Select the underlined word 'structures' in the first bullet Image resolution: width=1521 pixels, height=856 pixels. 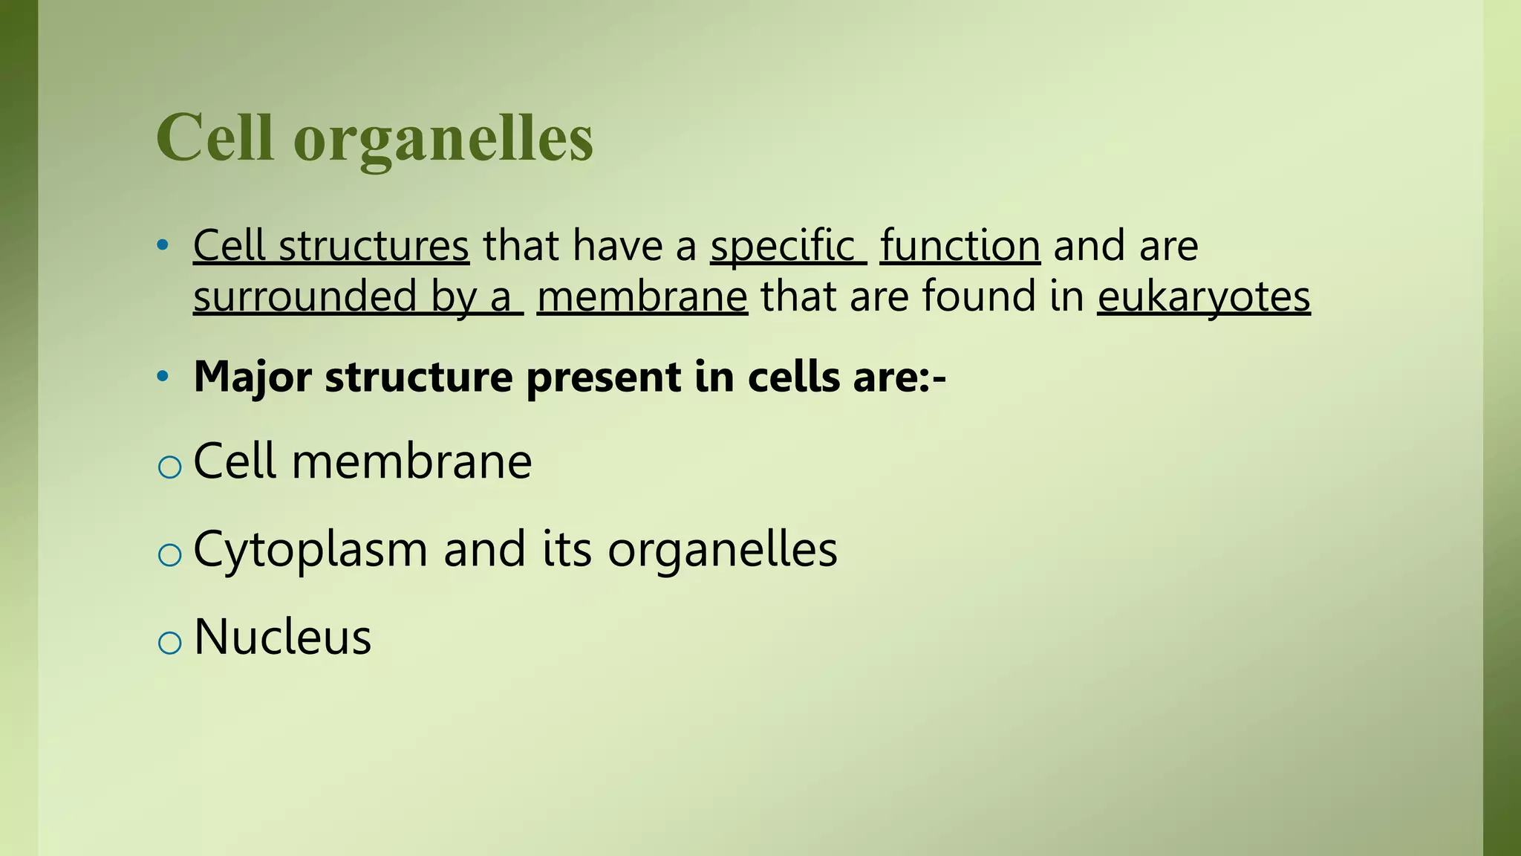374,245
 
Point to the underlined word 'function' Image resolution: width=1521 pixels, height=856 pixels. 960,245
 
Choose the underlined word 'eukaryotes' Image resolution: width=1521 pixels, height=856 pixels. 1203,297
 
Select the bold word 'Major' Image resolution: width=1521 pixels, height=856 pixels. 252,377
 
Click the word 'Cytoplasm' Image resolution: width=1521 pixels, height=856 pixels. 310,551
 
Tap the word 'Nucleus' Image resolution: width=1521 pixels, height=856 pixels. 282,637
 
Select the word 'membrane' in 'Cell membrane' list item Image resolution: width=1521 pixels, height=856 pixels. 411,461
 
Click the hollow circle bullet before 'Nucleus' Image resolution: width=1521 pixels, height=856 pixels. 170,642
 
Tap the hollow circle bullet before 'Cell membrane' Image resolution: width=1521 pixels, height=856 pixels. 170,467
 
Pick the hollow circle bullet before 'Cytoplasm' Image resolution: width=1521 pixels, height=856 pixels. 170,554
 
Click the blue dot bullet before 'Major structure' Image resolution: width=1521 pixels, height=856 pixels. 163,377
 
